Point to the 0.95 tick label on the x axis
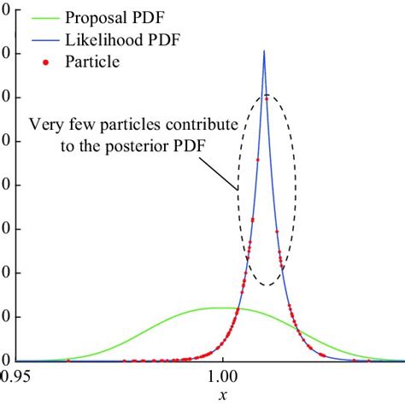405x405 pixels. (15, 374)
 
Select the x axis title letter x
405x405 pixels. (223, 395)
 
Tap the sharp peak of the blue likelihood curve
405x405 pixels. (264, 52)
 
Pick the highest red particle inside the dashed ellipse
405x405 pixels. (267, 99)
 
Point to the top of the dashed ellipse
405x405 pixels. (267, 94)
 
